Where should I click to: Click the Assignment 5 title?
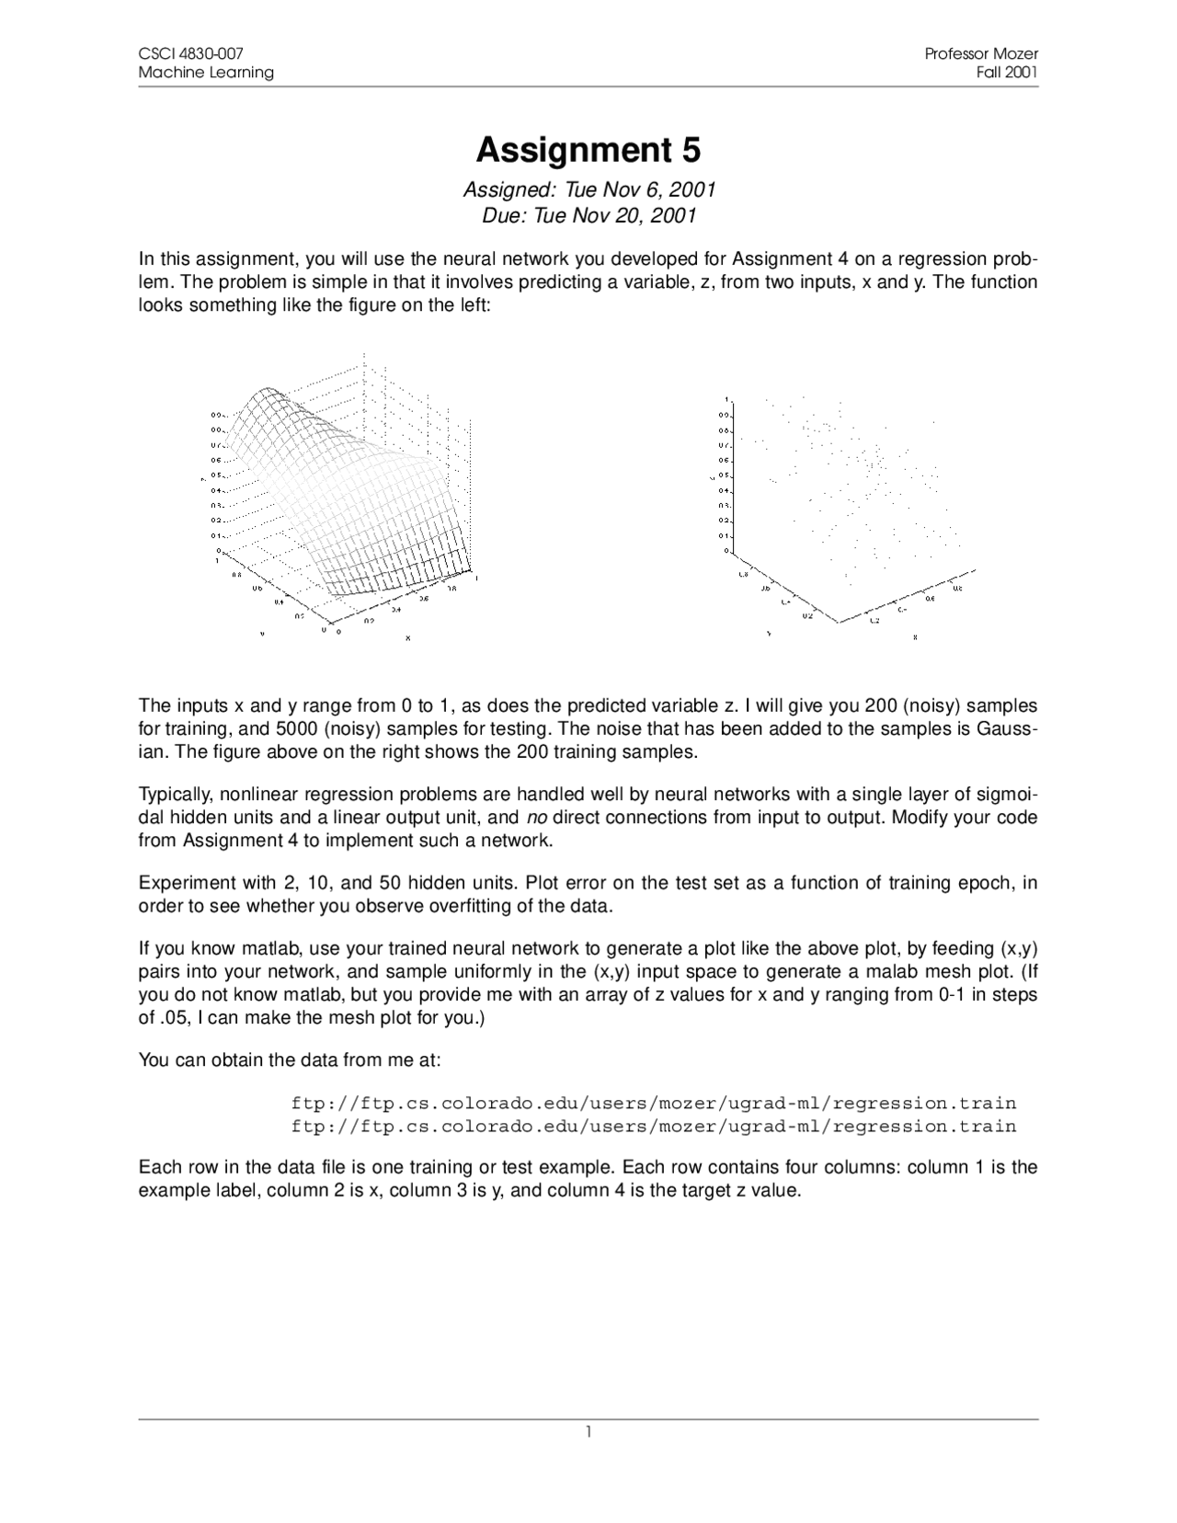coord(588,149)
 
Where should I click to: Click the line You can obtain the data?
coord(290,1059)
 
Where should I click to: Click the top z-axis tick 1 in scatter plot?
coord(726,400)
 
